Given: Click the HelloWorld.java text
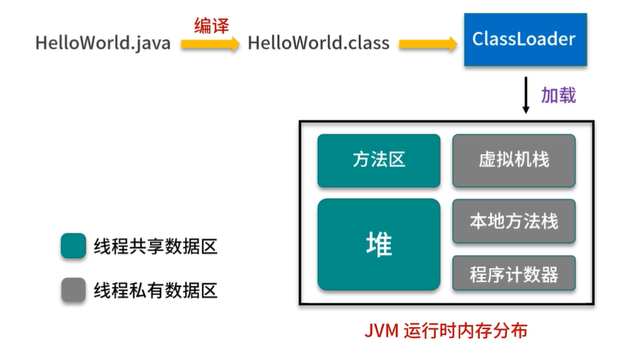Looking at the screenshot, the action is pos(103,43).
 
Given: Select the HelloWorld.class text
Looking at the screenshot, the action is pos(319,43).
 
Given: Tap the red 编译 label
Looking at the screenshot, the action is pos(211,26).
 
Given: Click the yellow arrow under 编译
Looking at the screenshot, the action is pos(210,44).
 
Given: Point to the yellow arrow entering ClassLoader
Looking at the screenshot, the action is pos(428,44).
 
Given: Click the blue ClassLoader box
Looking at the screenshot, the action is pos(525,39).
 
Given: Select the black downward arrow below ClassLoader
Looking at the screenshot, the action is pos(526,95).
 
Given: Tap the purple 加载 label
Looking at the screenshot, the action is pos(558,95).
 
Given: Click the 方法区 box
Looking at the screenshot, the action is pos(379,161).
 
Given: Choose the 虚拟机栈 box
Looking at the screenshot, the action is pos(514,161).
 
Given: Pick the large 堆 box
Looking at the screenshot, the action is pos(379,244).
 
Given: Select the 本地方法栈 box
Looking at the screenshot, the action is pos(514,221).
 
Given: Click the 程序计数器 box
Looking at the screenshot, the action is pos(514,273).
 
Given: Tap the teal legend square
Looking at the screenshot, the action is pos(73,245).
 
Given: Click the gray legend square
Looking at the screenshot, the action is pos(73,290).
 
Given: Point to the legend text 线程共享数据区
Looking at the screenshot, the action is pos(155,247).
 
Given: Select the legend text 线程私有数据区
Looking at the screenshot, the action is pos(155,290).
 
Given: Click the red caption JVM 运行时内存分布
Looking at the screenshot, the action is pos(446,330).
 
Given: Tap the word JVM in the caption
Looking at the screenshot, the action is pos(381,331).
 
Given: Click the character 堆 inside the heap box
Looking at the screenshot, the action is pos(379,244).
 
